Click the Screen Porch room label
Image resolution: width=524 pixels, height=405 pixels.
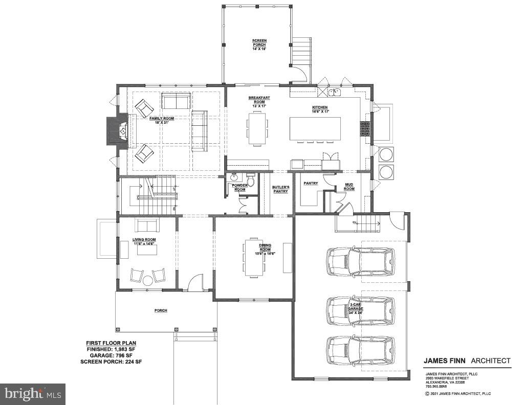click(259, 44)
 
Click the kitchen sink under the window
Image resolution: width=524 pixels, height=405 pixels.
click(336, 92)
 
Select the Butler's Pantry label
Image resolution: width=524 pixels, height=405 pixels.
click(280, 189)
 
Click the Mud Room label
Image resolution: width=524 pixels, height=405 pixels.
click(349, 187)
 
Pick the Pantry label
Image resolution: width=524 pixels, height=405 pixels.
click(311, 183)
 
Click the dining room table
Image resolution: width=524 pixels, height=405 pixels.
click(253, 256)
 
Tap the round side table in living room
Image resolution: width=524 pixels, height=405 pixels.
click(148, 280)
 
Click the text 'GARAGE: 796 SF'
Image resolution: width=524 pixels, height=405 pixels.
click(111, 355)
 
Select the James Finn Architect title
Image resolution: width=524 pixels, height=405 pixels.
click(467, 361)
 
